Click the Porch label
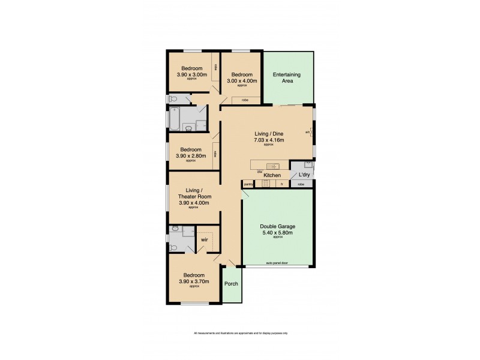(230, 284)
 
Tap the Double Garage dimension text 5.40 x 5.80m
(277, 233)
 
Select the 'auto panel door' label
(277, 263)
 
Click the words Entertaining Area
(287, 77)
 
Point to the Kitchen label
(272, 175)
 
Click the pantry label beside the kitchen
(248, 184)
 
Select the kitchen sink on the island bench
(271, 166)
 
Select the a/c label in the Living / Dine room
(307, 132)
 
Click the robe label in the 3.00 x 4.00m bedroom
(245, 100)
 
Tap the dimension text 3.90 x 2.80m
(191, 156)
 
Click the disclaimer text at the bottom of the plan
(240, 333)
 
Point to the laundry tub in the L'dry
(307, 163)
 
